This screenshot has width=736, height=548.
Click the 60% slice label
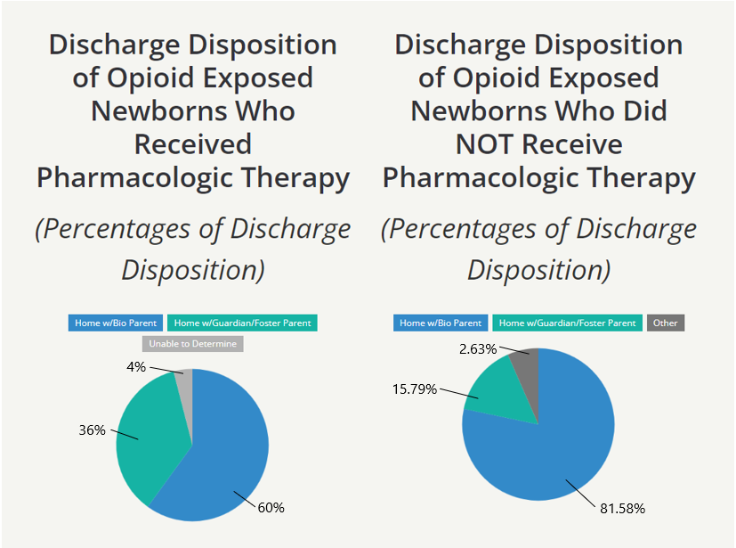(271, 507)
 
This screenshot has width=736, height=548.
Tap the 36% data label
(92, 430)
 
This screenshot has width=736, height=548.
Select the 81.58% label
(621, 508)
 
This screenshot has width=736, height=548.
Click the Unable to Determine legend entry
(192, 343)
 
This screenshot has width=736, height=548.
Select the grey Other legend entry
(665, 323)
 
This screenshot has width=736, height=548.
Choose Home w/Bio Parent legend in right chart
(441, 323)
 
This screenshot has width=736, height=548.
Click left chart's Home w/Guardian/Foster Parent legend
(243, 323)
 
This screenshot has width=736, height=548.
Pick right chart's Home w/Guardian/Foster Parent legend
(568, 323)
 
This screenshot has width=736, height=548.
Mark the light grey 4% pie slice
(184, 381)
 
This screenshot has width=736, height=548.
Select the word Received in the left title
(193, 143)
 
